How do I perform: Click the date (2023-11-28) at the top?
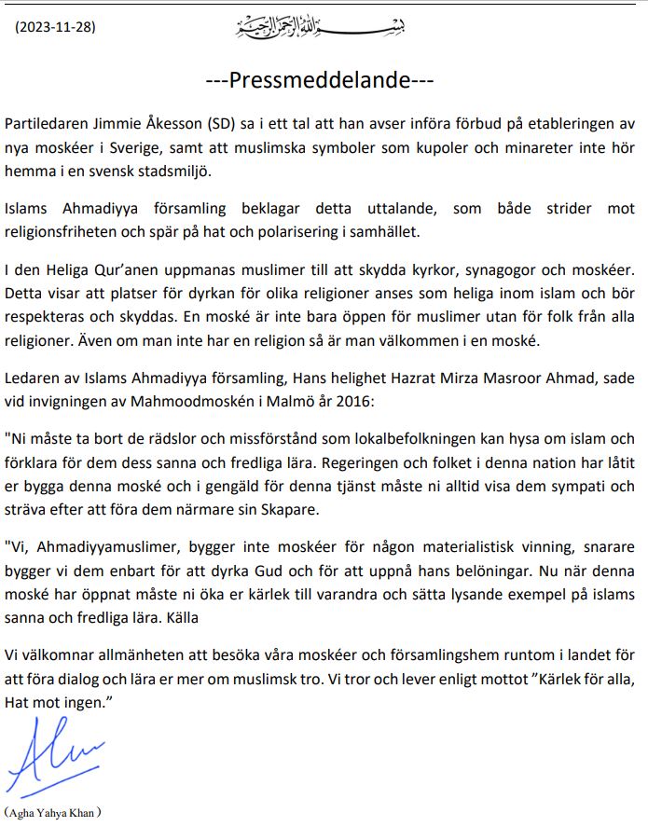click(x=55, y=26)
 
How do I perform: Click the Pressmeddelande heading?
click(x=320, y=80)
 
